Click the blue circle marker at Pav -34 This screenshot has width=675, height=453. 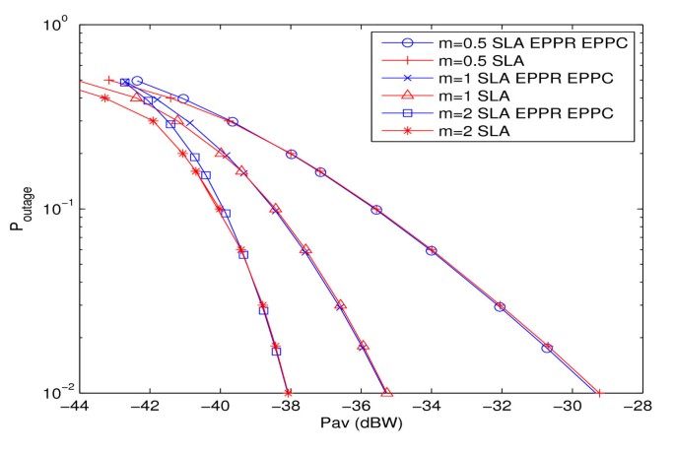[431, 250]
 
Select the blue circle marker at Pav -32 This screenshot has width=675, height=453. [500, 306]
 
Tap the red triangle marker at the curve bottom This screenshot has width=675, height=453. [386, 392]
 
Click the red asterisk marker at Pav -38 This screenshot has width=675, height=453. [288, 392]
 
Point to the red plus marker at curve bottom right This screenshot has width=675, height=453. [599, 392]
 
